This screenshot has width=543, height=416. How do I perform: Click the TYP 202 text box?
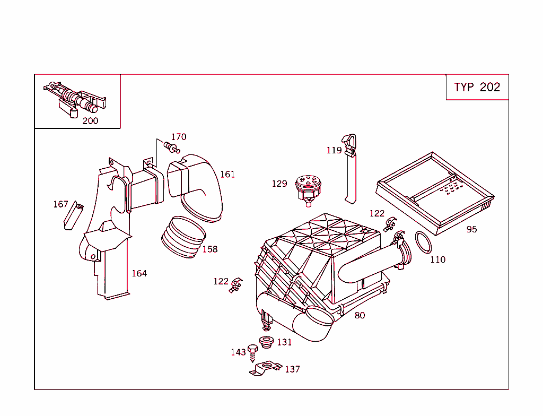point(477,88)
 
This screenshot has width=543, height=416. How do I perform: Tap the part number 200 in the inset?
point(90,121)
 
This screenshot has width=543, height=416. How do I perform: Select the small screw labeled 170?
point(171,147)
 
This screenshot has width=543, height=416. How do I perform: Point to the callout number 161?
point(227,175)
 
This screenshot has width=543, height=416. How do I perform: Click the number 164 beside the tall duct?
point(139,274)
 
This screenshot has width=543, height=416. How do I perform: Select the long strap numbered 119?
point(351,170)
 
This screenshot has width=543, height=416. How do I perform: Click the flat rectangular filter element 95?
point(435,191)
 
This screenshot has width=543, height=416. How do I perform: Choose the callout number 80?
point(360,316)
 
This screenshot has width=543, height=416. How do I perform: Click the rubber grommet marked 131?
point(266,342)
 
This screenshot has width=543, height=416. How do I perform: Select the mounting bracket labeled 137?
point(266,369)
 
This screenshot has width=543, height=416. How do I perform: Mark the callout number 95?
point(471,230)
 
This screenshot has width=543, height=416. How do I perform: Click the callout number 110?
point(437,260)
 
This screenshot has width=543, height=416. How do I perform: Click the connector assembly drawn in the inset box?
point(77,100)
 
